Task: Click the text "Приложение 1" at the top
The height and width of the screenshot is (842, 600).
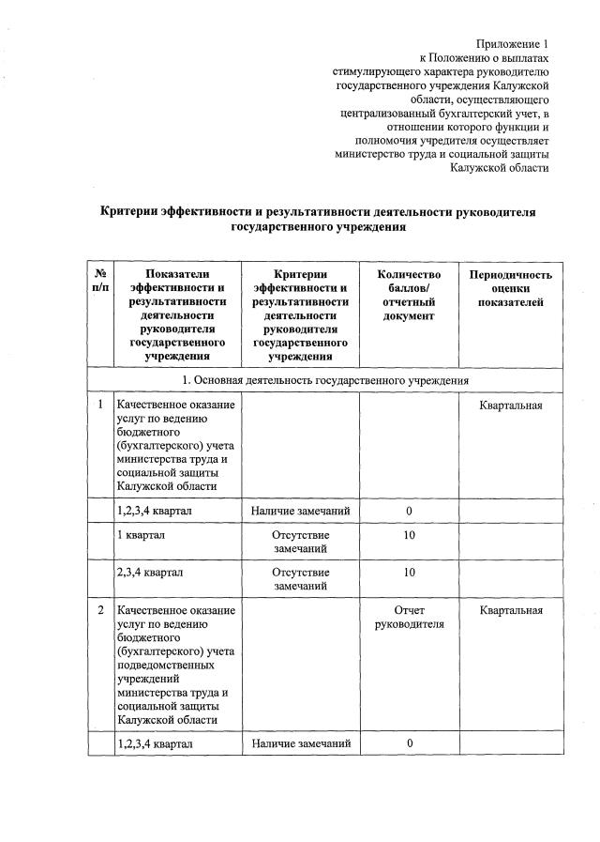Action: pos(512,43)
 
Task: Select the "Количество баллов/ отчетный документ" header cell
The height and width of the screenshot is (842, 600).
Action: pos(410,295)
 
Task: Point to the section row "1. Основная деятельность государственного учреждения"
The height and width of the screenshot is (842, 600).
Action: pos(325,380)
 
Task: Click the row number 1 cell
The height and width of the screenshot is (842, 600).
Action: pos(100,405)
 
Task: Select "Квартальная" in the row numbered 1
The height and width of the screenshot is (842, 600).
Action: pos(511,405)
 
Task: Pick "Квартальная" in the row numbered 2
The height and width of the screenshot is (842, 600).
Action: pos(511,611)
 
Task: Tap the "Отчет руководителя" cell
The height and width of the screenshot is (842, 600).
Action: pos(410,618)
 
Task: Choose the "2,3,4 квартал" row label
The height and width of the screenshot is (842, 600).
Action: pos(149,572)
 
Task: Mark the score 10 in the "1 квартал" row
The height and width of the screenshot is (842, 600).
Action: pos(410,534)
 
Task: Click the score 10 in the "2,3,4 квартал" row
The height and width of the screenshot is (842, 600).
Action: pos(410,572)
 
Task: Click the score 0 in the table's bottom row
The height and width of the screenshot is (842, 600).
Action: pos(410,743)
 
